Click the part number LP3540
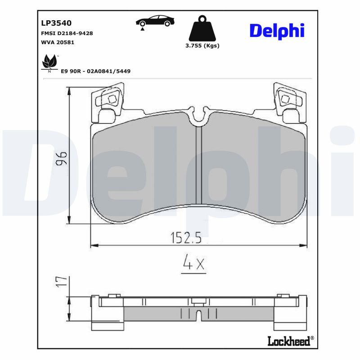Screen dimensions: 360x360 point(56,23)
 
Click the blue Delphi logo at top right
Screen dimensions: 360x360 point(277,31)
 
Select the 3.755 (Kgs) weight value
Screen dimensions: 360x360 point(202,45)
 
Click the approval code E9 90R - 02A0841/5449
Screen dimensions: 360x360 point(95,71)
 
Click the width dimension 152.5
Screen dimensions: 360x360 point(185,237)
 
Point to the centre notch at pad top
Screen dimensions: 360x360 point(199,118)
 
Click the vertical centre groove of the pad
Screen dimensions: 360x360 point(199,166)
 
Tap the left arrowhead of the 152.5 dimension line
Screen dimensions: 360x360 point(93,245)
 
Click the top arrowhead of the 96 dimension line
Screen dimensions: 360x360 point(69,90)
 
